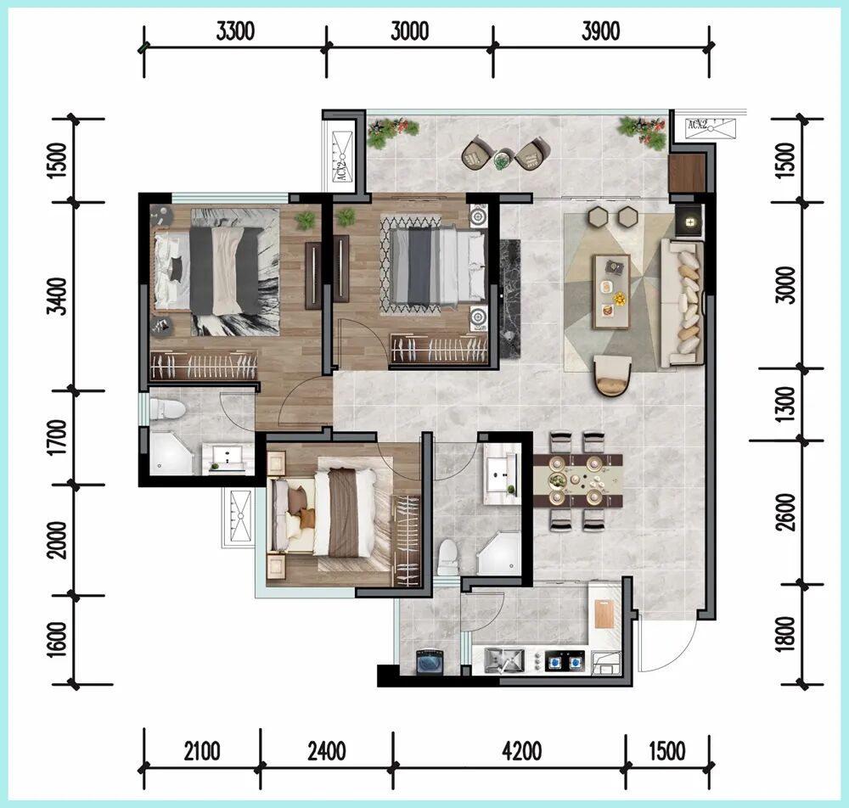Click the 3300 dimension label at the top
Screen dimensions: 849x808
coord(235,31)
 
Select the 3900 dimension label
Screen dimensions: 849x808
coord(600,31)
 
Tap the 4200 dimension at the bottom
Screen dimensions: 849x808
coord(521,751)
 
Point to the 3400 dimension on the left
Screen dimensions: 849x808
coord(58,295)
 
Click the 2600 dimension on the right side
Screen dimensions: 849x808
coord(785,512)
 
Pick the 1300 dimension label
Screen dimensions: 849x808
coord(785,404)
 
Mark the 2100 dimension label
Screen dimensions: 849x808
coord(201,751)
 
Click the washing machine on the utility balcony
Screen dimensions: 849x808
coord(430,662)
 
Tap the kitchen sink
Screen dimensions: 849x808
coord(504,660)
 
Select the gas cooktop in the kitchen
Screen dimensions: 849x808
coord(565,661)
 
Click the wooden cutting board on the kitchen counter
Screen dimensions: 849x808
coord(604,614)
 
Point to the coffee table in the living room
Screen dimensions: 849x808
coord(612,292)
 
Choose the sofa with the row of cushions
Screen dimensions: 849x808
coord(682,304)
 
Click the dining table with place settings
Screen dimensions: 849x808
coord(577,480)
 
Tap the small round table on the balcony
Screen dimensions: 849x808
coord(502,159)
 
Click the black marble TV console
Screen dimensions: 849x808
coord(509,299)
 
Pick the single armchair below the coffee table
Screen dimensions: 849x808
coord(613,375)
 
